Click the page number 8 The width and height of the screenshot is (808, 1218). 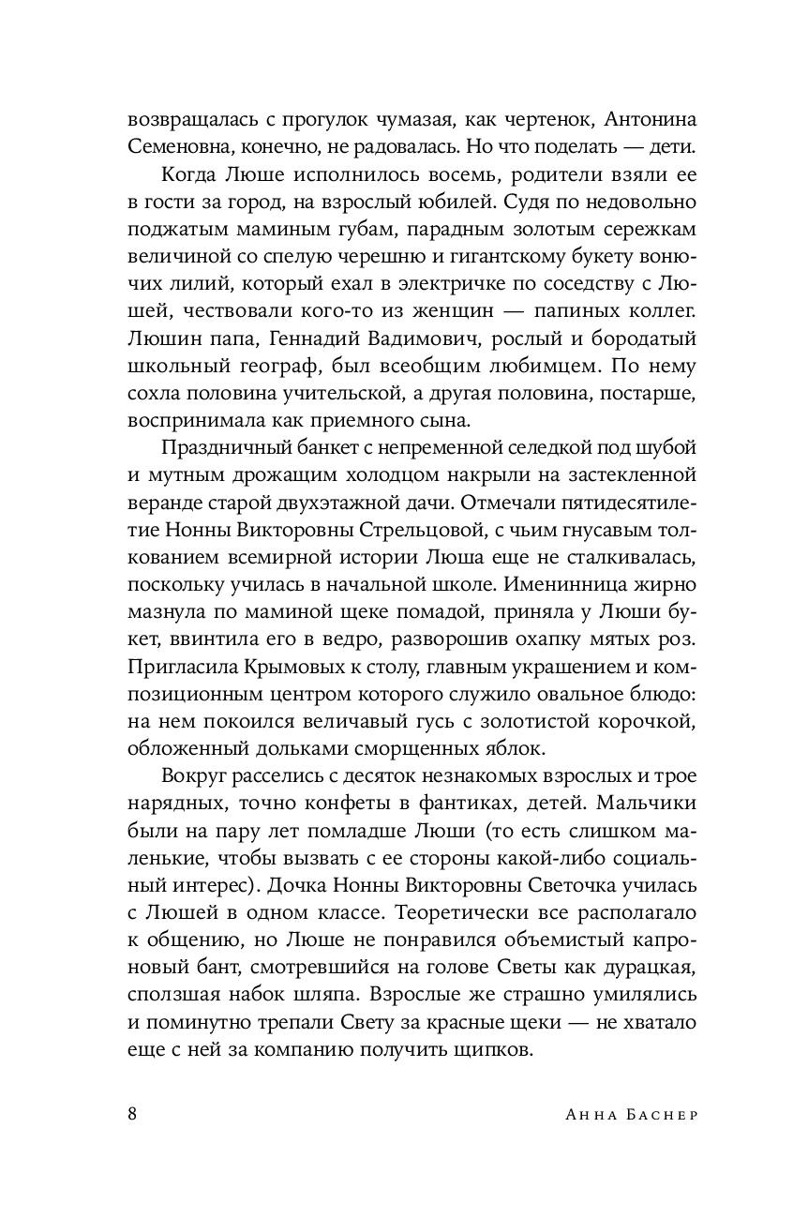click(x=132, y=1113)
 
